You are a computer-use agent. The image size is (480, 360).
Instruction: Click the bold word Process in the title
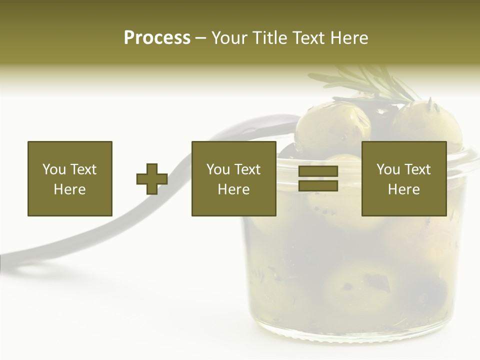click(157, 38)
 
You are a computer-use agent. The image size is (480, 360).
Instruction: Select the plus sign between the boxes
click(152, 179)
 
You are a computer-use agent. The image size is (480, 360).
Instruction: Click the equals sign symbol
click(318, 179)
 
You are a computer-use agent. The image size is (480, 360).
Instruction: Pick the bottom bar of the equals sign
click(318, 186)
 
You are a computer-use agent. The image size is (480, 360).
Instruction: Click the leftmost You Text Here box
click(69, 178)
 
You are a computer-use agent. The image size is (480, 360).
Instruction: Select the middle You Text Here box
click(233, 178)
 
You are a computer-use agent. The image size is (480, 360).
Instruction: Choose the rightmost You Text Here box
click(403, 178)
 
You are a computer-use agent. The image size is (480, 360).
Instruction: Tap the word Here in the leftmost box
click(69, 189)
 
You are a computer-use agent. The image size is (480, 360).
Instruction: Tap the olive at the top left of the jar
click(332, 127)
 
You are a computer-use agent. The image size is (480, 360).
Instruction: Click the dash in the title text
click(201, 38)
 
